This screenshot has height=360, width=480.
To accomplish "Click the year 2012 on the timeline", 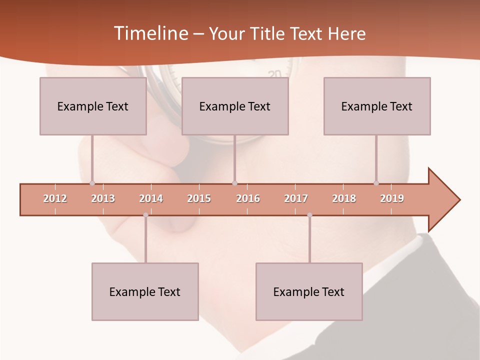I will click(x=55, y=198).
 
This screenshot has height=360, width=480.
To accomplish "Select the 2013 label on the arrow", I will click(x=103, y=198).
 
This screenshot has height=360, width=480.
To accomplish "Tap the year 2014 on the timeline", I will click(x=151, y=198).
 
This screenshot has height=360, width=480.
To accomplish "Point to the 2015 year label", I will click(x=199, y=198).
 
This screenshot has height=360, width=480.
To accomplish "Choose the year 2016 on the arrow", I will click(x=248, y=198).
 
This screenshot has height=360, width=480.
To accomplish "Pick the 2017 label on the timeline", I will click(x=296, y=198).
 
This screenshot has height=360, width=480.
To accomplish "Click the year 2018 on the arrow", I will click(x=344, y=198).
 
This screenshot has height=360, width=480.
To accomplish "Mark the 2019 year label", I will click(x=392, y=198).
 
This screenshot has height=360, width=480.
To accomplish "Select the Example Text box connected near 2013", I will click(x=93, y=106).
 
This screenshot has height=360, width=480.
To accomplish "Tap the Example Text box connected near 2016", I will click(x=235, y=106).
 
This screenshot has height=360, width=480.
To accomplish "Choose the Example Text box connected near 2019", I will click(x=377, y=106).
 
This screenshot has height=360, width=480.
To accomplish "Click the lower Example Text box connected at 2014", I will click(x=145, y=291).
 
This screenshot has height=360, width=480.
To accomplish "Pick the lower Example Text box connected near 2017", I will click(x=309, y=291).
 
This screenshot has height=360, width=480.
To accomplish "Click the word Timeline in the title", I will click(x=150, y=33).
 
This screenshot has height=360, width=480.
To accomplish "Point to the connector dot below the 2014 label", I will click(x=145, y=215).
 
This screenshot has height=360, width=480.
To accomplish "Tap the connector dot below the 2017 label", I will click(x=309, y=215).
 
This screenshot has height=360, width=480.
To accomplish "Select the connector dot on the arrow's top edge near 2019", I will click(x=376, y=183).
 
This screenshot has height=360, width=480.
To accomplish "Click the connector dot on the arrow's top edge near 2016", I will click(x=234, y=183).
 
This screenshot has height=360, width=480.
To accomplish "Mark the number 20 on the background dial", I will click(x=274, y=74).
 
